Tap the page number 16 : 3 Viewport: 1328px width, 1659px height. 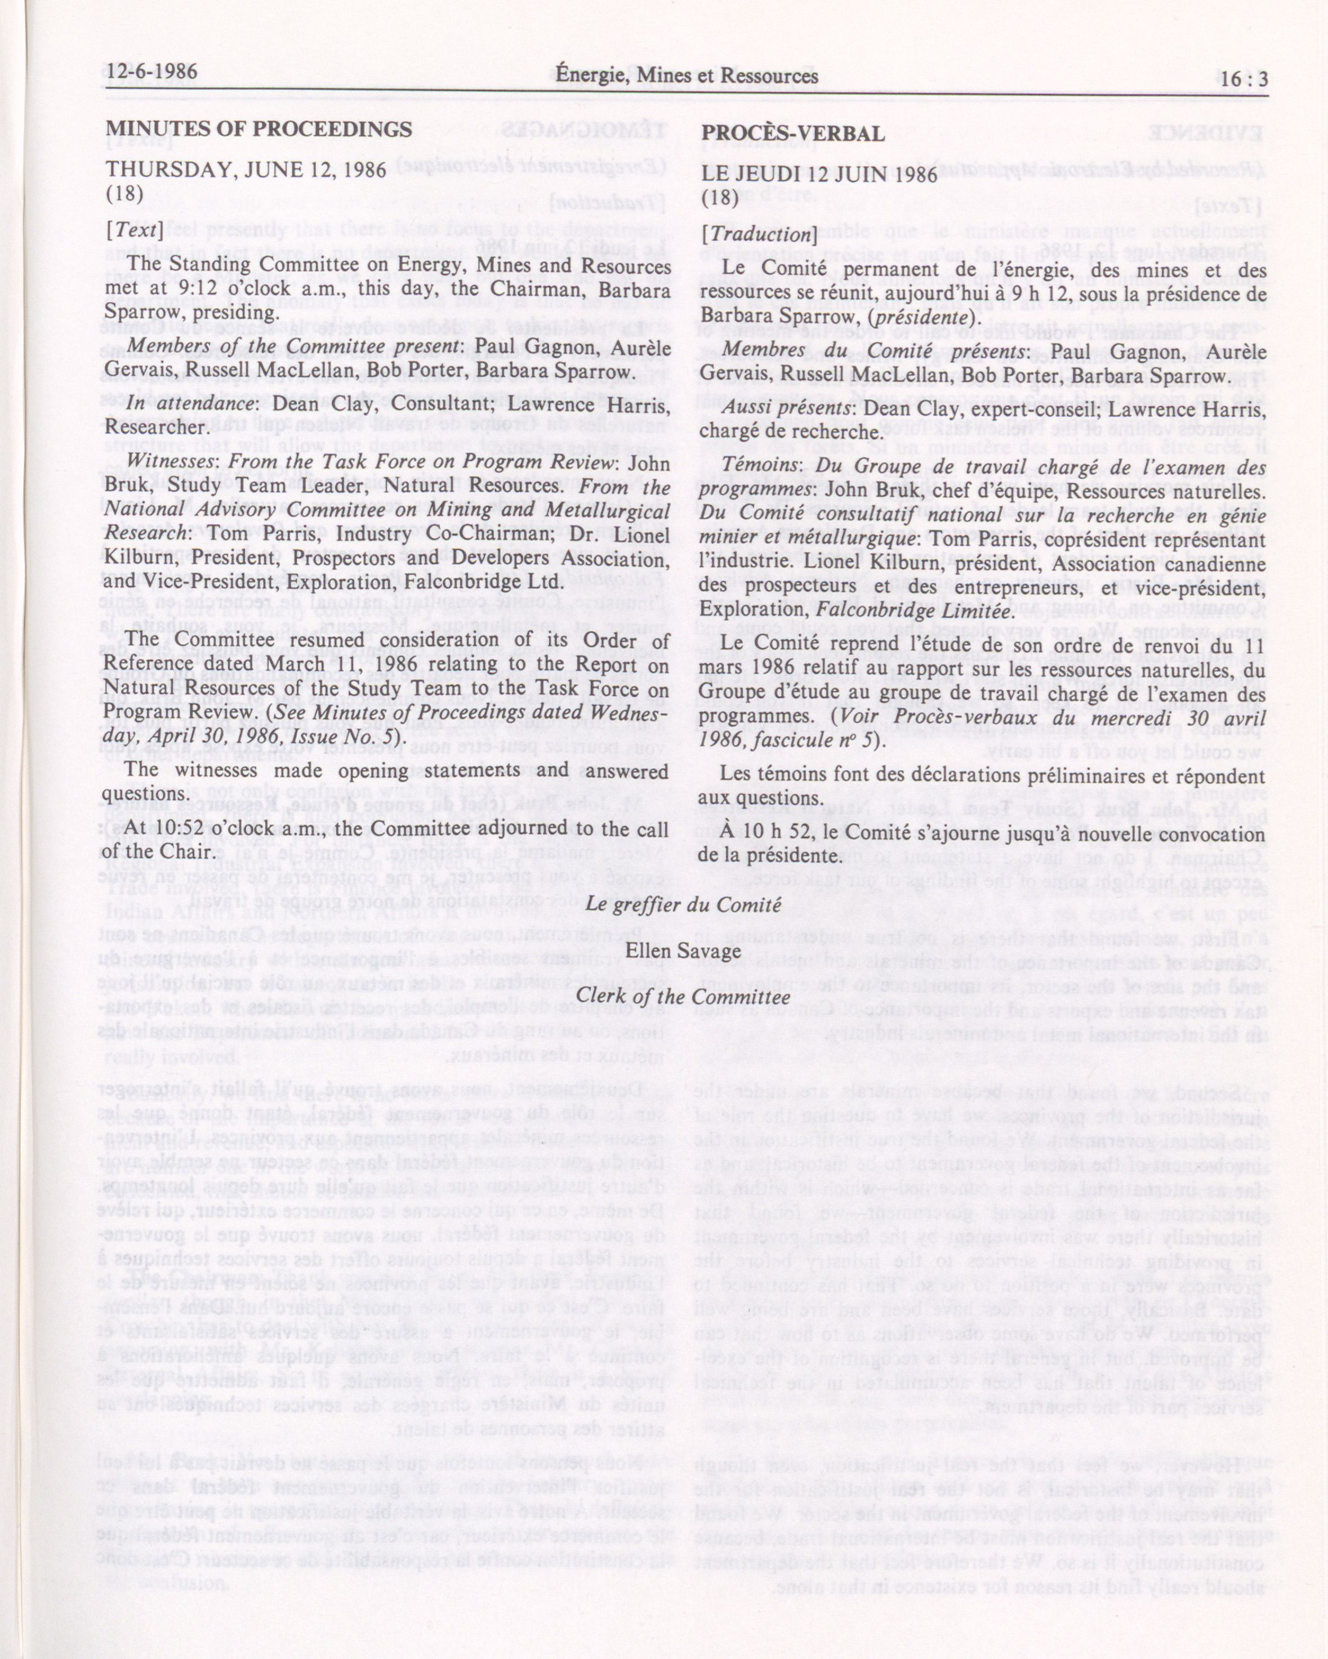(1242, 80)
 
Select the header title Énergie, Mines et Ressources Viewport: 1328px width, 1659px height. (687, 76)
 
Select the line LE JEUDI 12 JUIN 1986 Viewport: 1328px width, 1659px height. (819, 174)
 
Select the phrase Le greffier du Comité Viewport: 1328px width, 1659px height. (683, 905)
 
